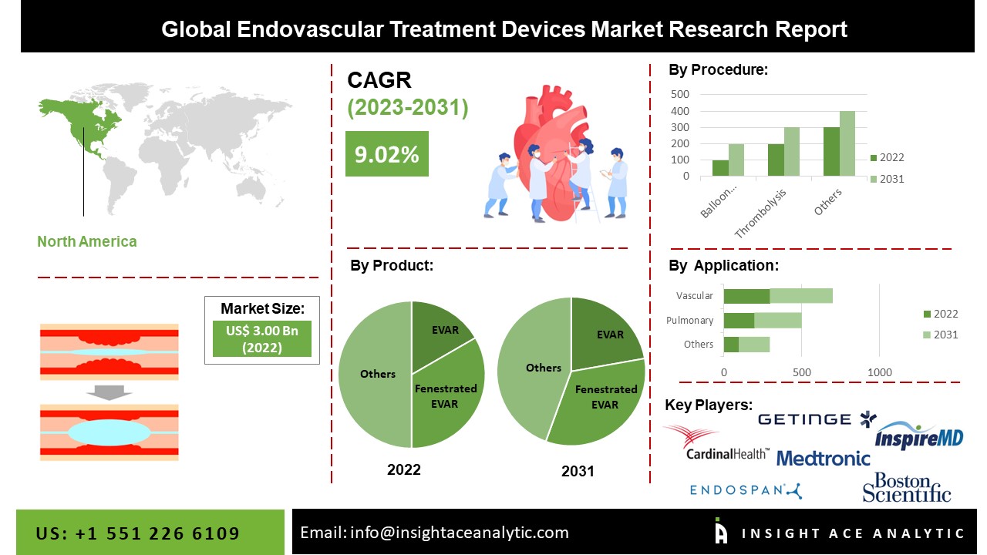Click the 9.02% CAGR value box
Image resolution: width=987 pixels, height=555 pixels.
(387, 153)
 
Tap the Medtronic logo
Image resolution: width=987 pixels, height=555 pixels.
(823, 459)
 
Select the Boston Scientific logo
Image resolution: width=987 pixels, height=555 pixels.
(907, 487)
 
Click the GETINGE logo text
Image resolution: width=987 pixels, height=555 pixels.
(804, 419)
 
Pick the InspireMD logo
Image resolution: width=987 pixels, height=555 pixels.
(919, 436)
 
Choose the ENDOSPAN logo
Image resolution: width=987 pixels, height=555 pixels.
(746, 490)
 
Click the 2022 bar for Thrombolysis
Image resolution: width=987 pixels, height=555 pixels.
(776, 160)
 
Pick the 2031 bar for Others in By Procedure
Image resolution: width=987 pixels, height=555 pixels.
(847, 143)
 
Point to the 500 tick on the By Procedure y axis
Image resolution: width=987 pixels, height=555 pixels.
(680, 94)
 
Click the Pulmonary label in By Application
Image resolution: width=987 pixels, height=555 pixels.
(689, 320)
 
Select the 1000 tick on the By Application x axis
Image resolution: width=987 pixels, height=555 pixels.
(880, 372)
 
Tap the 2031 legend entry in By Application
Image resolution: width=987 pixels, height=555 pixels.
(941, 335)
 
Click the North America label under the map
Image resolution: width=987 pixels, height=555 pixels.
(87, 241)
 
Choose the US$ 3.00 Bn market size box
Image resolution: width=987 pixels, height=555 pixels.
(262, 338)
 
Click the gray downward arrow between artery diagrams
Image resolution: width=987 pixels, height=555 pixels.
(109, 392)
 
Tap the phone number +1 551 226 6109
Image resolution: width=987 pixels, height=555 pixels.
(157, 533)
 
